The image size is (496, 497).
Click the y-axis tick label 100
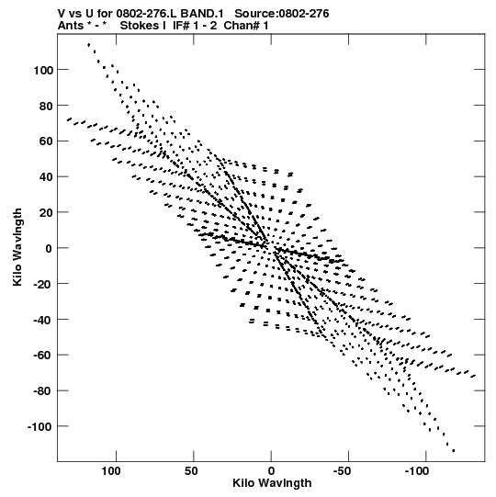(x=43, y=70)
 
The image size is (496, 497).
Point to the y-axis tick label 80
(x=46, y=106)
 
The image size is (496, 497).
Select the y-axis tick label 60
(x=46, y=141)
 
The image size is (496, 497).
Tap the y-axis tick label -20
(x=43, y=284)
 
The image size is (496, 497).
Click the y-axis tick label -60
(x=43, y=356)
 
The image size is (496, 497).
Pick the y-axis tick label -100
(x=39, y=427)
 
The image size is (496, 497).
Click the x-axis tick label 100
(x=111, y=471)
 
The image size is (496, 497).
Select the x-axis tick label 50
(x=191, y=471)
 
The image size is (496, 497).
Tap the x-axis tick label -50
(x=343, y=471)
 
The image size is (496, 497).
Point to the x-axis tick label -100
(x=417, y=471)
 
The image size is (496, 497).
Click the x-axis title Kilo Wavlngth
(x=272, y=483)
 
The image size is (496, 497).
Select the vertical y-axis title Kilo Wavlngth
(x=17, y=247)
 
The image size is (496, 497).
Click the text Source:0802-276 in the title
(x=282, y=14)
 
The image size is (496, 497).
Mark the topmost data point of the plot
(x=89, y=45)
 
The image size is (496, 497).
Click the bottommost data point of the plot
(x=454, y=450)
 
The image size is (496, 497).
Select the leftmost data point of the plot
(x=69, y=119)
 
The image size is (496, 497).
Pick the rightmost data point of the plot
(x=474, y=376)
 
